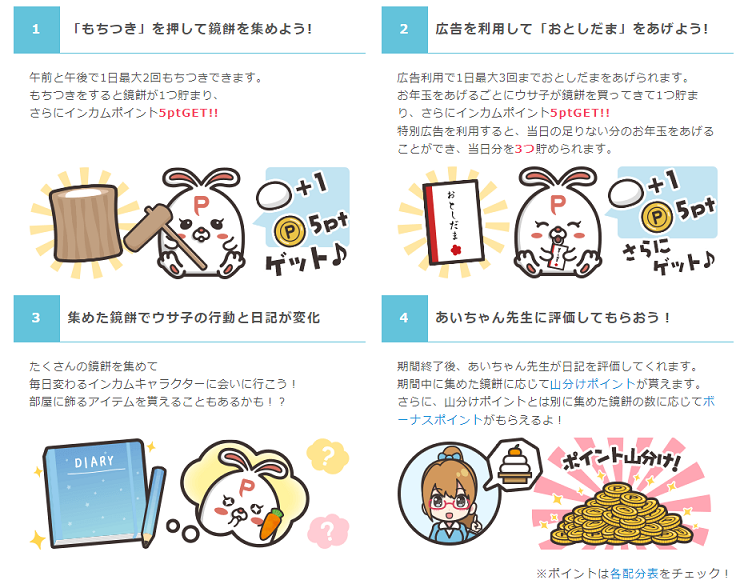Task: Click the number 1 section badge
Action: coord(37,30)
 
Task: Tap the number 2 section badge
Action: coord(405,30)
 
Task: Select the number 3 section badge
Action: coord(37,318)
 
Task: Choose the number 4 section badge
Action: coord(405,318)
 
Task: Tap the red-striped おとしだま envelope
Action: coord(453,222)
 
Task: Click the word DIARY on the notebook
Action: coord(94,461)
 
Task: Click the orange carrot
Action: coord(271,524)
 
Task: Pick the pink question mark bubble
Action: coord(328,530)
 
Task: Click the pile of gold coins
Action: coord(621,514)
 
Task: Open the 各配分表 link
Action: coord(634,573)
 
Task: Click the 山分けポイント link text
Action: coord(592,384)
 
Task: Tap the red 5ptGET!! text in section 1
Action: coord(188,113)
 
